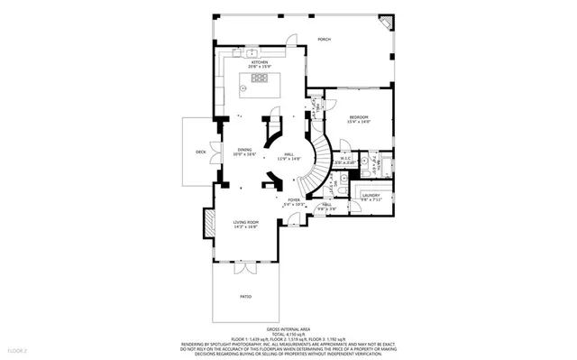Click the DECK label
tap(200, 152)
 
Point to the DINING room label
tap(244, 150)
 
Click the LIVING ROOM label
tap(246, 222)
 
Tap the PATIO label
tap(245, 296)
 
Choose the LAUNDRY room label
tap(371, 195)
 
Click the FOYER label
tap(294, 199)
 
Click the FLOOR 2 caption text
tap(18, 349)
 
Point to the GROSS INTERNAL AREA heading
tap(288, 328)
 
